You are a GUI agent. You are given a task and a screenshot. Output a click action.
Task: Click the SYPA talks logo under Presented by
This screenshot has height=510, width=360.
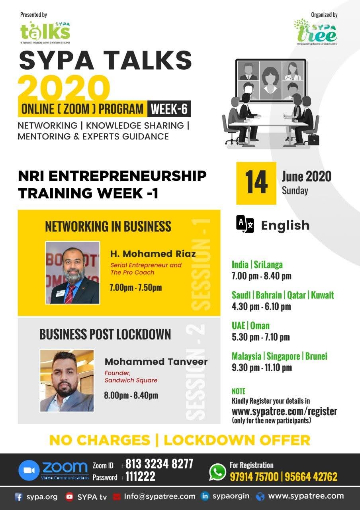click(45, 33)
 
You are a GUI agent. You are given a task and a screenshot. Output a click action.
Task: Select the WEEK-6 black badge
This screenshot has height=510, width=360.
click(169, 109)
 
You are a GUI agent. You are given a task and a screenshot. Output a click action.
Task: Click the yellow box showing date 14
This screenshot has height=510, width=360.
click(256, 183)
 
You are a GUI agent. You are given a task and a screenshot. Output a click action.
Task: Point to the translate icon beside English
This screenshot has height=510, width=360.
click(245, 224)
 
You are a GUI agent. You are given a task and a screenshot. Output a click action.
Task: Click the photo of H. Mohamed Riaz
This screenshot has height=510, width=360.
click(72, 273)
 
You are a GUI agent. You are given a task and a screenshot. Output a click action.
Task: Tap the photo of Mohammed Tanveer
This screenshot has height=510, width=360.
click(67, 381)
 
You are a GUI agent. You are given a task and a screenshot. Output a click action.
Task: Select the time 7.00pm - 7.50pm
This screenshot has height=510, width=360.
click(136, 288)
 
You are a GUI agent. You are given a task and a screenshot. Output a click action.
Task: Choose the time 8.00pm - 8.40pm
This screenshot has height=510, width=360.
click(131, 395)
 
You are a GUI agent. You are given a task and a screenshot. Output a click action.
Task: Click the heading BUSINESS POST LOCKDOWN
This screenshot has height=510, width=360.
click(105, 334)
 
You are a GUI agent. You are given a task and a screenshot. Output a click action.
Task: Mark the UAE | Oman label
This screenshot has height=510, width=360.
click(250, 326)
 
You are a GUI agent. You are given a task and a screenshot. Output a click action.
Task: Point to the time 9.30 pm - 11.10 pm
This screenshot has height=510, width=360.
click(262, 367)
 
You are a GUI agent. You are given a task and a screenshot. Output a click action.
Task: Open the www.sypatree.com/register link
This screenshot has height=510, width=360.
click(284, 412)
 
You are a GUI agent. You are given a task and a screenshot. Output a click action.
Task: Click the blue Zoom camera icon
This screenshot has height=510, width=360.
click(29, 471)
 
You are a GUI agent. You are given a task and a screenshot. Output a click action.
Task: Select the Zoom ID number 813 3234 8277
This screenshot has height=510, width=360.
click(159, 464)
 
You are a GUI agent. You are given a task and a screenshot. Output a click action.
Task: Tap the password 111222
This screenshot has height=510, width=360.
click(141, 476)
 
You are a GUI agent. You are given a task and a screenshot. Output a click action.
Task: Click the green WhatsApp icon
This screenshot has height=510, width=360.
click(217, 471)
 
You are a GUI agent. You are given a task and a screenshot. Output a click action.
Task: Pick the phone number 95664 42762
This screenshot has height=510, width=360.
click(311, 477)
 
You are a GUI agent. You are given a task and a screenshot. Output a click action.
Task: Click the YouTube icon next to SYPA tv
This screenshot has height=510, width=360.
click(69, 496)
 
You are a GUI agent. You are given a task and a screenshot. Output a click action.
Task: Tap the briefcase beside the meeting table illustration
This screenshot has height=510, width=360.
click(313, 139)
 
